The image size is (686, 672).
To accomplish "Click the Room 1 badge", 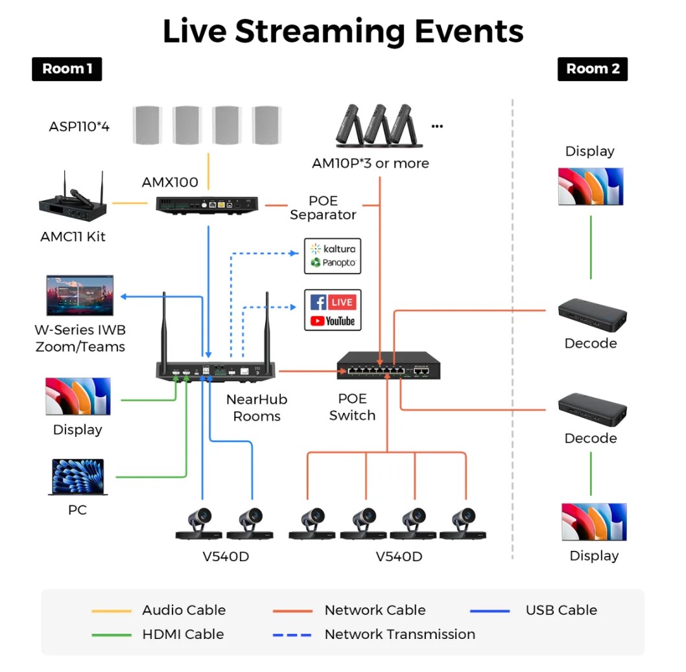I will pos(67,69).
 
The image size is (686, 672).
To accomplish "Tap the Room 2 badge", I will pos(593,69).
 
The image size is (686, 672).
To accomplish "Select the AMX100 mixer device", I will pos(208,205).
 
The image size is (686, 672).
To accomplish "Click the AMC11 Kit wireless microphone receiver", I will pos(73,200).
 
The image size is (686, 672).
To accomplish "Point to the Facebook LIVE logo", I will pos(333,302).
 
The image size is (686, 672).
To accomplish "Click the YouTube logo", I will pos(333,321).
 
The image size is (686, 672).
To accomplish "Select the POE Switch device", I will pos(388,365).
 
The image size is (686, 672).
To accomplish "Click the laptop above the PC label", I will pos(77,477).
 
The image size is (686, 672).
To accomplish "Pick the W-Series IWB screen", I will pos(80,295).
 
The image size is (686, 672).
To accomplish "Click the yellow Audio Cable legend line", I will pos(112,610).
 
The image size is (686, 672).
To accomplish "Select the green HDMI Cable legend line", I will pos(112,635).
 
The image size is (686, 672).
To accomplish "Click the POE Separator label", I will pos(323,207).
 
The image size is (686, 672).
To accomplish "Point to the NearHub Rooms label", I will pos(257,408).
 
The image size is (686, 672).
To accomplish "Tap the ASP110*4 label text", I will pos(79,126).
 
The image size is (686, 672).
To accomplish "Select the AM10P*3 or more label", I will pos(370,163).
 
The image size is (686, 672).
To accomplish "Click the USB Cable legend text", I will pos(562,610).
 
